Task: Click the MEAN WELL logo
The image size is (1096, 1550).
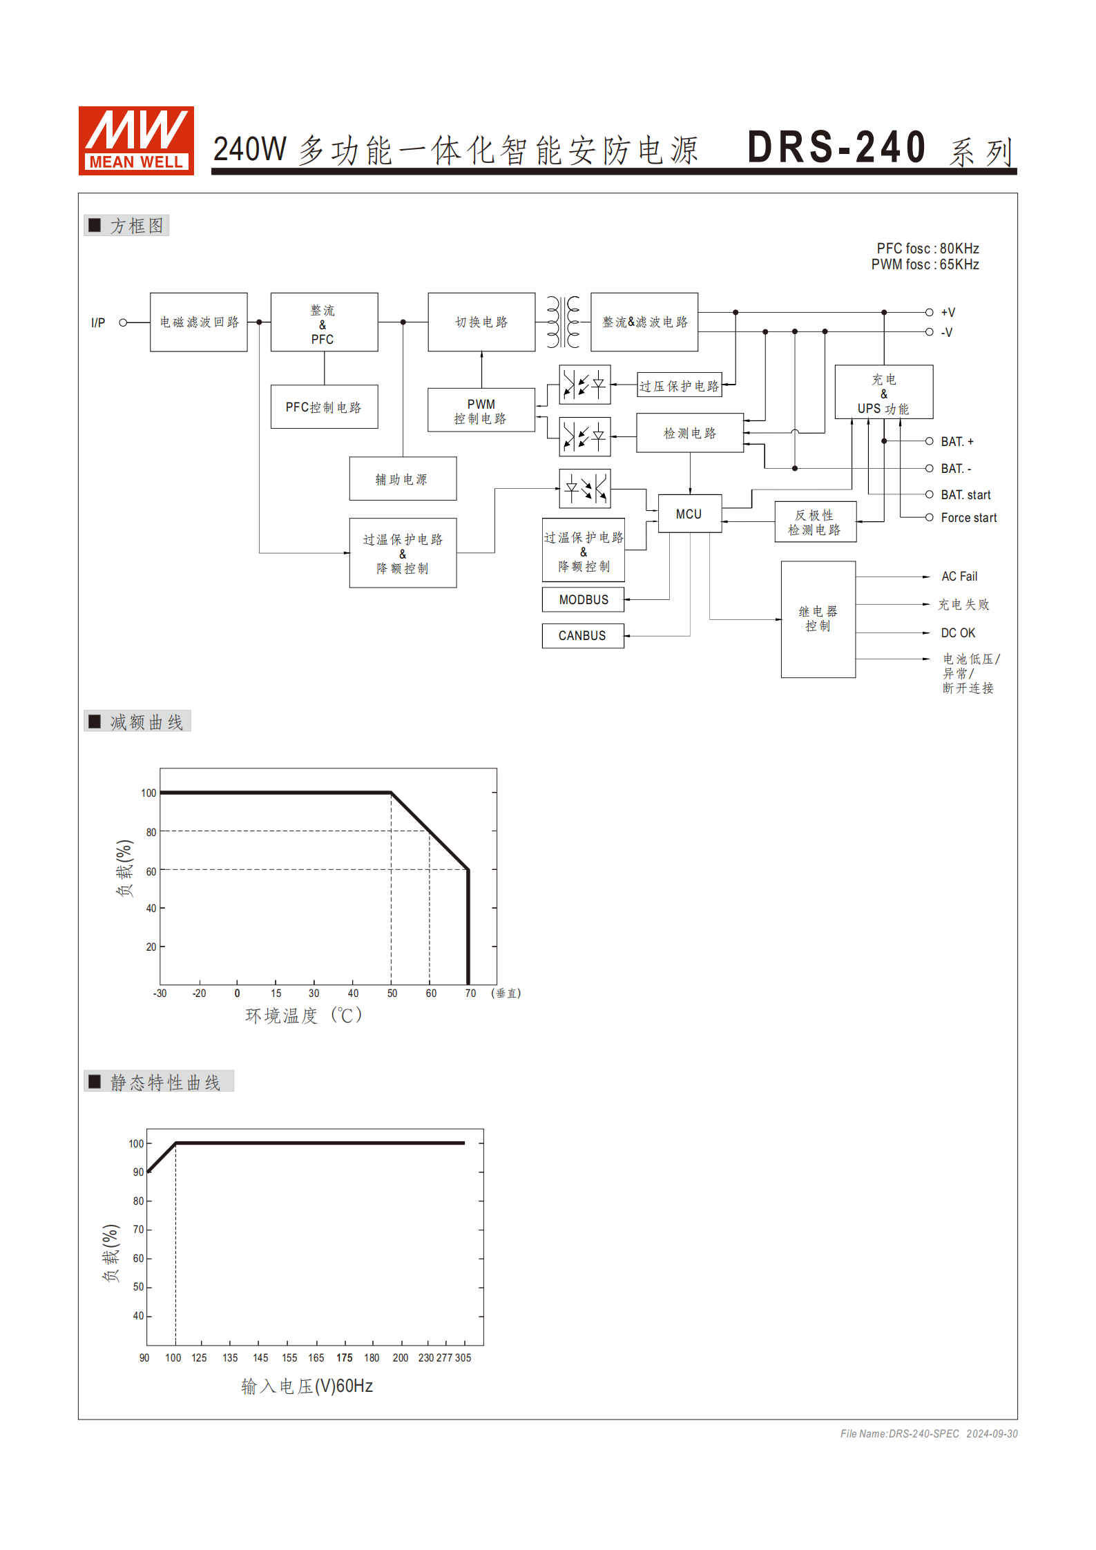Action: pos(136,140)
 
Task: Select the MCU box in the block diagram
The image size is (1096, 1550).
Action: pos(689,514)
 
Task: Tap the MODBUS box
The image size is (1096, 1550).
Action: pos(583,599)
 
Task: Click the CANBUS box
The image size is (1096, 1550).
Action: pos(583,635)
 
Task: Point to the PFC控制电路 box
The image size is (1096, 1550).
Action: pos(324,407)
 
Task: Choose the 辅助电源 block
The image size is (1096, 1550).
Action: pos(403,478)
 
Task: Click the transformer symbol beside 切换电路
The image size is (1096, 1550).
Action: pos(563,322)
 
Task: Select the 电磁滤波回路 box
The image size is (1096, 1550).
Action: pos(199,322)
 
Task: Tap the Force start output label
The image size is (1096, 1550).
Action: pos(968,518)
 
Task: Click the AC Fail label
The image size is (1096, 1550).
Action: pos(959,577)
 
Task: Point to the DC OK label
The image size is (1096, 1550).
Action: pos(958,633)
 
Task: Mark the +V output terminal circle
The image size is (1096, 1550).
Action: pos(930,312)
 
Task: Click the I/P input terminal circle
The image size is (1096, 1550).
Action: pos(123,322)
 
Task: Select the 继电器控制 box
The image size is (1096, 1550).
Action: pos(818,619)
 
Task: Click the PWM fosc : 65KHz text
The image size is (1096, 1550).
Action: pos(925,265)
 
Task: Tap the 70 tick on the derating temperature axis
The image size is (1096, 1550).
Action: pos(470,994)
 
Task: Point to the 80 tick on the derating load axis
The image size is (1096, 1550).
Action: pos(151,832)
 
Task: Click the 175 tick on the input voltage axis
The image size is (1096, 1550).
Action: pos(344,1358)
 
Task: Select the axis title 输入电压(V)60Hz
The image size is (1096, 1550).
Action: pos(307,1386)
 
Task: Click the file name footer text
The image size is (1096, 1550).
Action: pos(929,1434)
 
